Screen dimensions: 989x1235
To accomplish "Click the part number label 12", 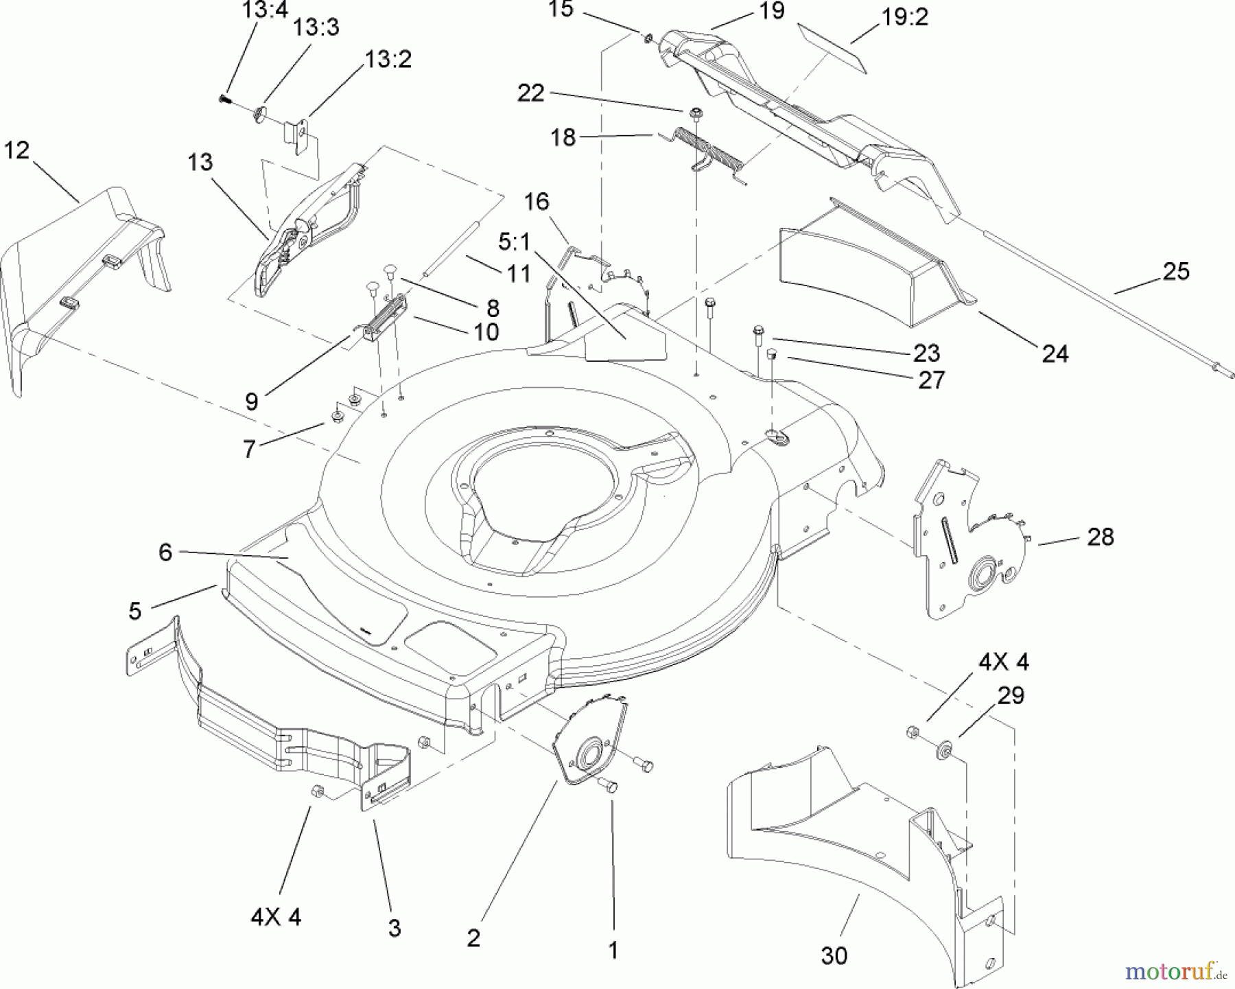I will pos(16,150).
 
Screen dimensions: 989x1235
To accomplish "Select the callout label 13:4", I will pos(265,10).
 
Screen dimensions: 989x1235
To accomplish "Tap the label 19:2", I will pos(904,17).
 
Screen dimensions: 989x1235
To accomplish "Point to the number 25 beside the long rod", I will pos(1175,272).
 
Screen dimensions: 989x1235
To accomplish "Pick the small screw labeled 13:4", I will pos(223,100).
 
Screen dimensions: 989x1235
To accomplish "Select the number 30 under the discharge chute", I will pos(834,955).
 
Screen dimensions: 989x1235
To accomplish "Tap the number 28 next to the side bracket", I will pos(1101,537).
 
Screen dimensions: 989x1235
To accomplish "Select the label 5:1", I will pos(514,242).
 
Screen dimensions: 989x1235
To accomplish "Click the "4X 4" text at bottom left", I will pos(276,917).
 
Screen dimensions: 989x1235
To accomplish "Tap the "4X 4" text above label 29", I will pos(1003,662).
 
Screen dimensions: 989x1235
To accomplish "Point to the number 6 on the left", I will pos(165,552).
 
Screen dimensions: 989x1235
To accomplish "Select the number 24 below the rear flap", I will pos(1055,353).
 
